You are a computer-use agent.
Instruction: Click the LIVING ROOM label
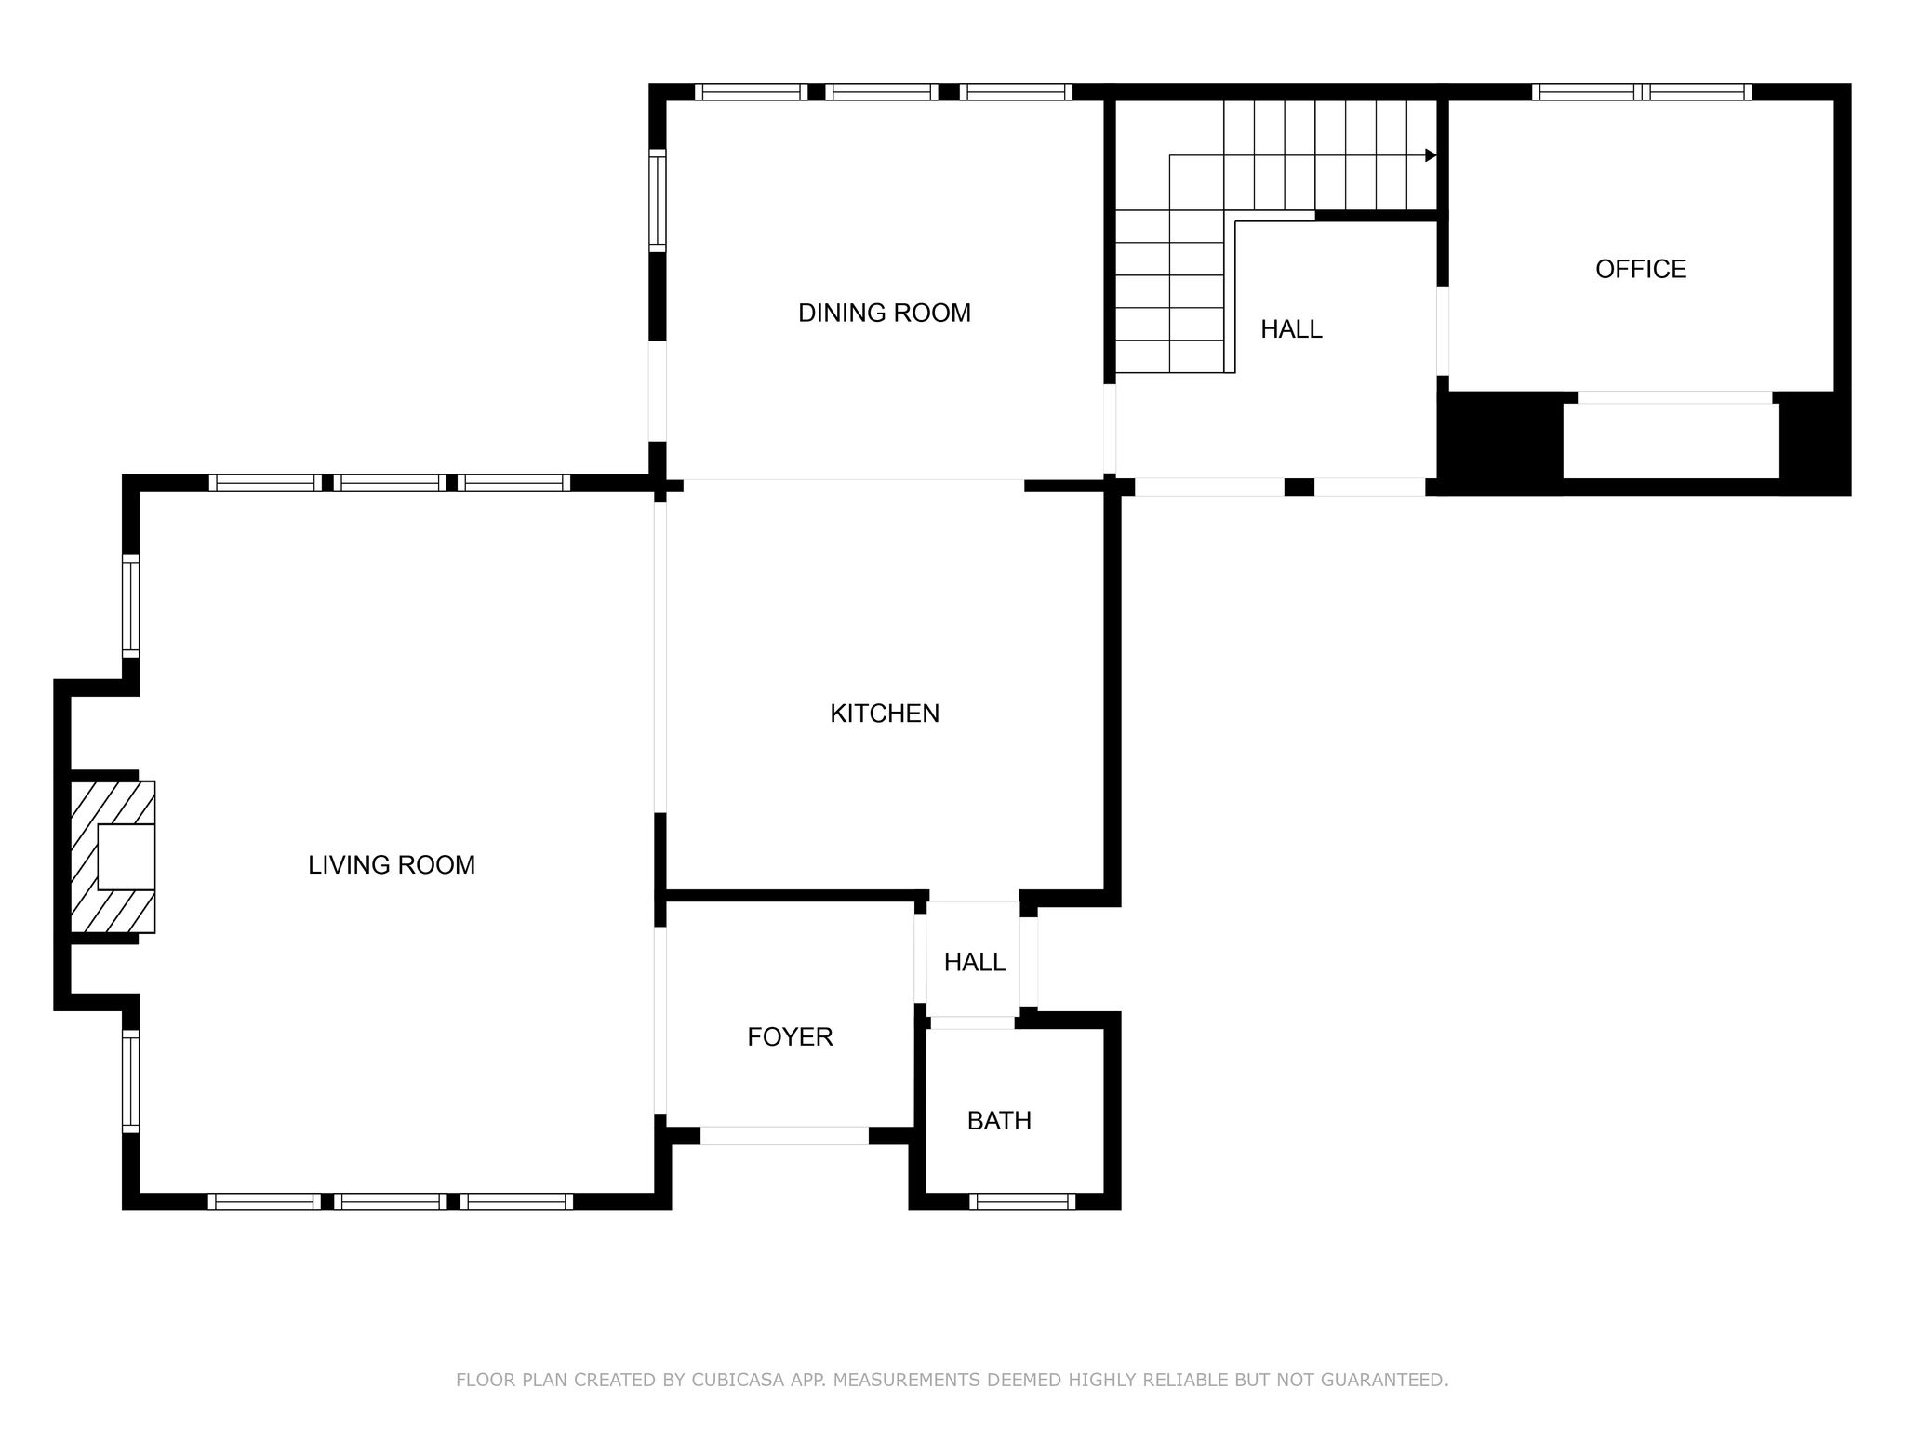pos(392,865)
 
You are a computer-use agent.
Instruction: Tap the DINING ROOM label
pos(885,313)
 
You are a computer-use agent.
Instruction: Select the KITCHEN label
pos(885,714)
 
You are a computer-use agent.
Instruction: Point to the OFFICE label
pos(1641,269)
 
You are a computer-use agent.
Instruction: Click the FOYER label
pos(790,1036)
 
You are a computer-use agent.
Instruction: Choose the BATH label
pos(999,1120)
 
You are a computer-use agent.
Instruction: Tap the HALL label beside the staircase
pos(1291,328)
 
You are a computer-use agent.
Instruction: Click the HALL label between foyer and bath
pos(975,962)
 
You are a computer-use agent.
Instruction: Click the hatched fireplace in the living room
pos(113,857)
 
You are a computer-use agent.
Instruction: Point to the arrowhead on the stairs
pos(1431,155)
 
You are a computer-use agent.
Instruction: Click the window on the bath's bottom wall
pos(1022,1201)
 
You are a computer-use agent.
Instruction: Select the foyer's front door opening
pos(784,1135)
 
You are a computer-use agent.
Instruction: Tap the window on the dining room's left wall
pos(658,200)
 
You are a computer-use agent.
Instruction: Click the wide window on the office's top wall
pos(1642,92)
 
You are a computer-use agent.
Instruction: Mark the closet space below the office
pos(1671,440)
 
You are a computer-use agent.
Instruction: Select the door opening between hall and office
pos(1443,330)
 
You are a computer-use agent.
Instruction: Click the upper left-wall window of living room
pos(131,607)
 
